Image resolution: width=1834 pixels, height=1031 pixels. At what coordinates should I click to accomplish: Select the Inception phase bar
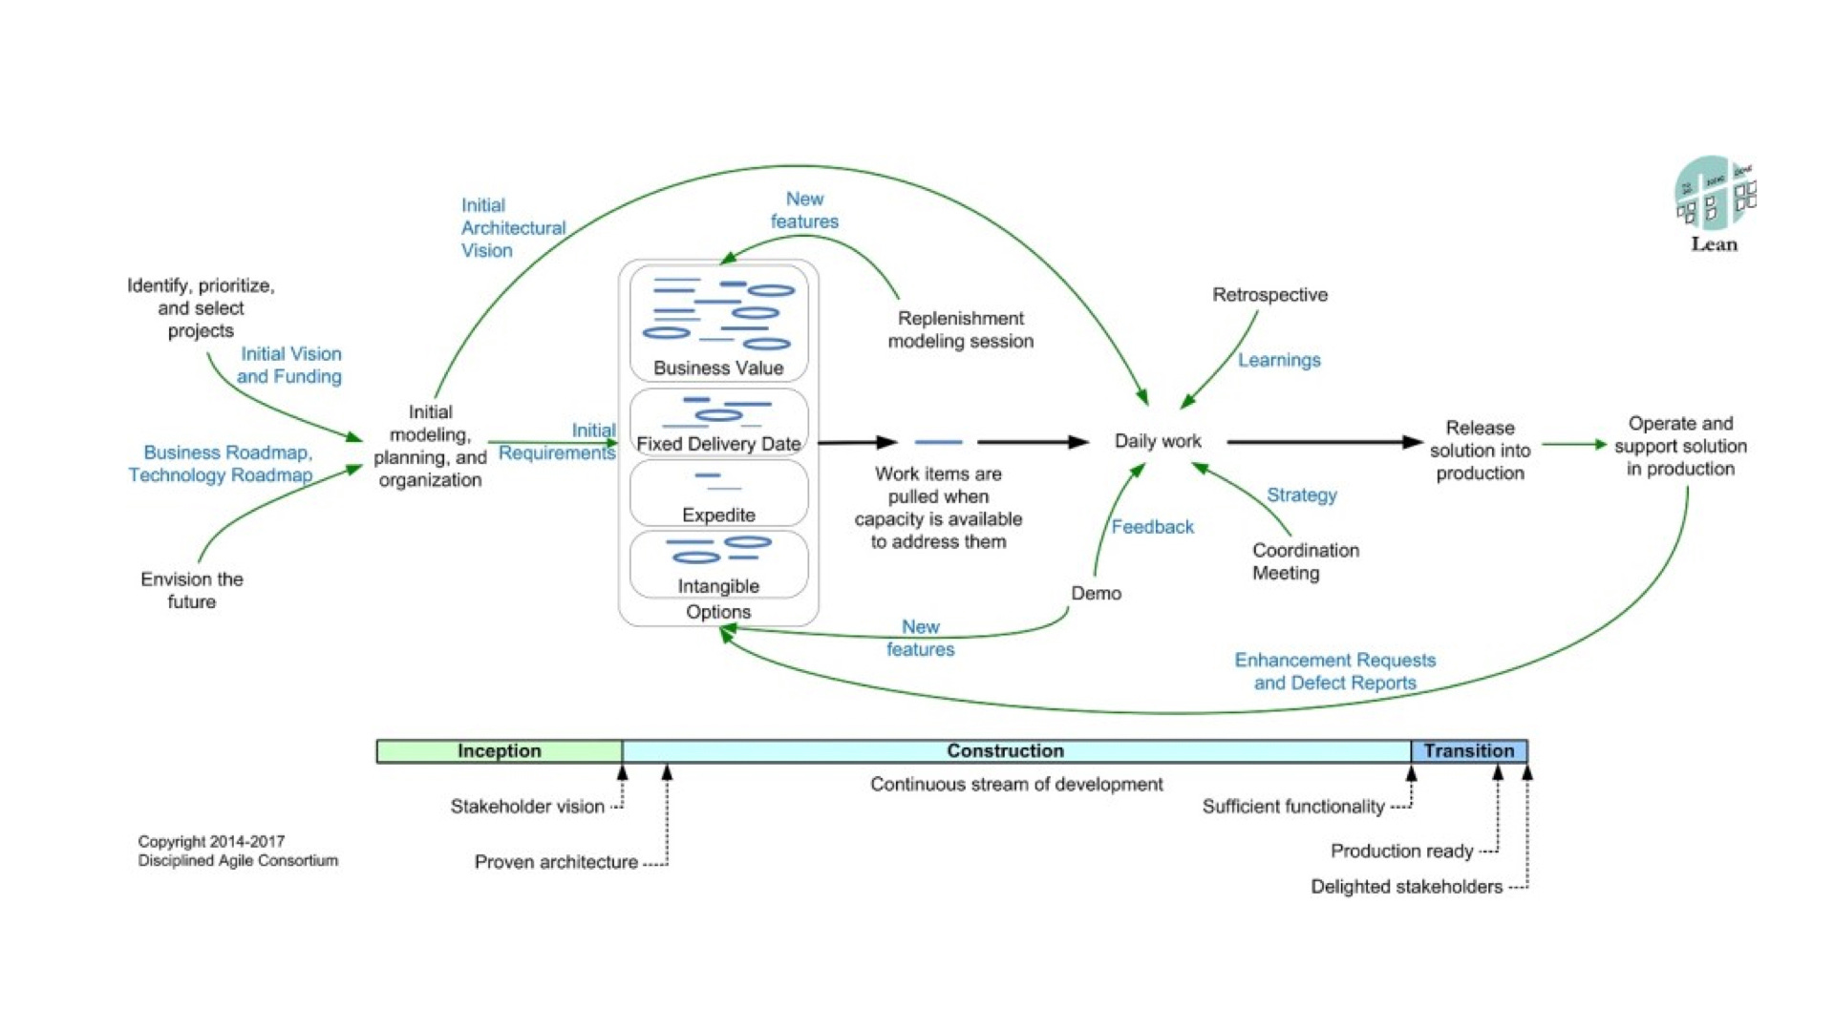pos(500,751)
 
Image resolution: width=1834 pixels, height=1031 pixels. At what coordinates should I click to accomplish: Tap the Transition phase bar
pos(1469,751)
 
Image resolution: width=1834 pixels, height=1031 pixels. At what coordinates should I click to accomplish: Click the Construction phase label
pos(1005,751)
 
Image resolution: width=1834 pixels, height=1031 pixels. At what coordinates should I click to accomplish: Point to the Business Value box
pos(718,324)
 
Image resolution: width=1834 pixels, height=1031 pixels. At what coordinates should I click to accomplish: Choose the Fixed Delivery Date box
pos(718,422)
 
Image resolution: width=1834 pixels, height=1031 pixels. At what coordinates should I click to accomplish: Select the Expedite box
pos(718,494)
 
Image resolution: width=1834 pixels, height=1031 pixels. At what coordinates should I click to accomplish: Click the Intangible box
pos(718,564)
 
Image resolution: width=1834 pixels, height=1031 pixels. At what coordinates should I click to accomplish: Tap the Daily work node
pos(1158,441)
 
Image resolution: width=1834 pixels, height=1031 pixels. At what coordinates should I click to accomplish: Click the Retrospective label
pos(1269,295)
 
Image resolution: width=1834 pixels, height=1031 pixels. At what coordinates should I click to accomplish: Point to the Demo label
pos(1096,593)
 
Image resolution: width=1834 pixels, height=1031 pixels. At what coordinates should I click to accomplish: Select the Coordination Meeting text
pos(1305,561)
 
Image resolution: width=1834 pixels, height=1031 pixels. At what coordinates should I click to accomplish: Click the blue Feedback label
pos(1152,527)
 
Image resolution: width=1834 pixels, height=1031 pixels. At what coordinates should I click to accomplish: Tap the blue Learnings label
pos(1279,360)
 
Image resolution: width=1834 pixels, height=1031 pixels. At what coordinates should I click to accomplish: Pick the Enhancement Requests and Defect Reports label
pos(1334,671)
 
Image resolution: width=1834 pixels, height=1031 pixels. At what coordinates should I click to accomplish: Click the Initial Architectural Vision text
pos(513,228)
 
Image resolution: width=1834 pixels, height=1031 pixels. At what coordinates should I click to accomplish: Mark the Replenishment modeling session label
pos(960,329)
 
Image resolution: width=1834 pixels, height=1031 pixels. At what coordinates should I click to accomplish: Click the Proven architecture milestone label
pos(556,862)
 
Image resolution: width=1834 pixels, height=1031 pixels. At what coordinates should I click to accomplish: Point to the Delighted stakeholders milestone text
pos(1406,887)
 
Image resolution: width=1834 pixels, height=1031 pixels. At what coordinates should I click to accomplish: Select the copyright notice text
pos(238,851)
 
